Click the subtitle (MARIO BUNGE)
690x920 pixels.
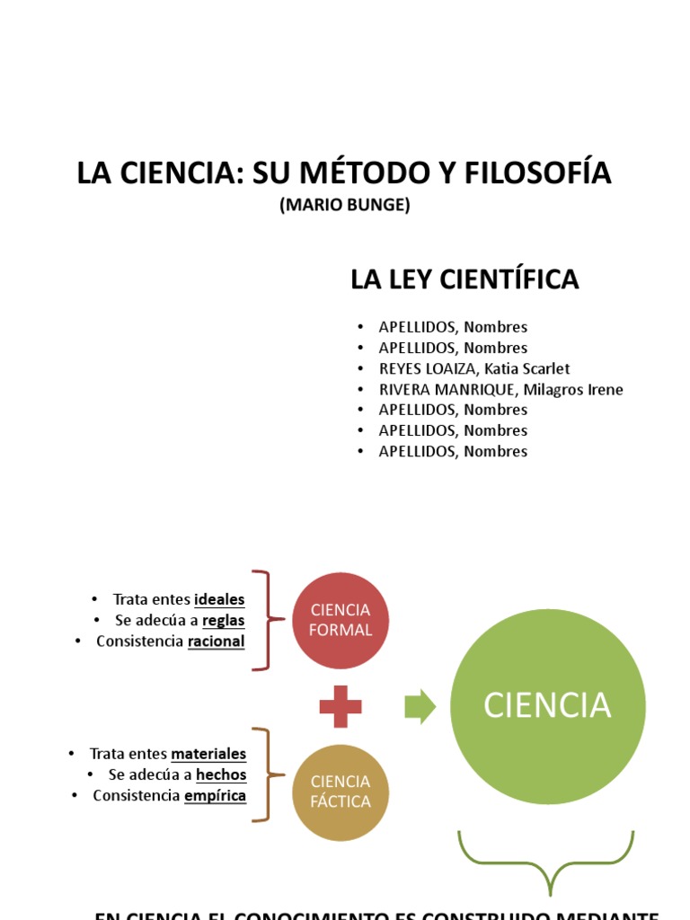tap(345, 205)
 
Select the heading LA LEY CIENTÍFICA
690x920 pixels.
tap(464, 279)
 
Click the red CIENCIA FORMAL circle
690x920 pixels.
tap(341, 621)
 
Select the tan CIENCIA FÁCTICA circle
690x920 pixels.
tap(341, 792)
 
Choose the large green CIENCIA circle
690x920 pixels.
tap(547, 706)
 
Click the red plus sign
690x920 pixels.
tap(341, 707)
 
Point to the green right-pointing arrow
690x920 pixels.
tap(420, 707)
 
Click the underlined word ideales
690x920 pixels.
tap(219, 599)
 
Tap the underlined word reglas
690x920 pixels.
tap(223, 620)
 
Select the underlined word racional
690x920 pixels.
tap(216, 641)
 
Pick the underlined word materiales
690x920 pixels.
tap(208, 754)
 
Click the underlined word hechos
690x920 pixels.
tap(221, 774)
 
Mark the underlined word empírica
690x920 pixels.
tap(215, 795)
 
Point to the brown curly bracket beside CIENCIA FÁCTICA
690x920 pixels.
tap(264, 774)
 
